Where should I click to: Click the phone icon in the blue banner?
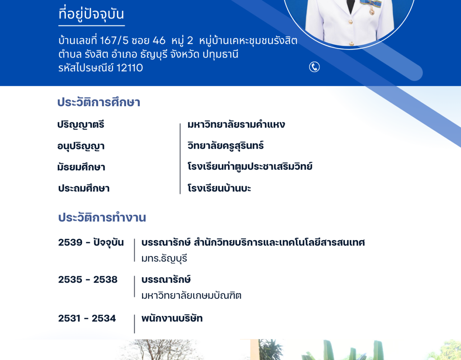(314, 67)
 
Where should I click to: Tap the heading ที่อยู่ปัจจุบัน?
(91, 14)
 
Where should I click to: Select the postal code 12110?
(130, 68)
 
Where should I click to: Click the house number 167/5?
(114, 40)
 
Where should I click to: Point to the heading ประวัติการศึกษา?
(99, 102)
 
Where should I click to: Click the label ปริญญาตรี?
(81, 125)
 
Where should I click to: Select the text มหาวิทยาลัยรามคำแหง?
(236, 124)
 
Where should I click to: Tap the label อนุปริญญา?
(81, 146)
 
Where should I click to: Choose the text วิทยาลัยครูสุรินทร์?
(225, 145)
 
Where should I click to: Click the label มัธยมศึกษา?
(81, 167)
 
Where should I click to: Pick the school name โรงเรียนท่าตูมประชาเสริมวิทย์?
(250, 166)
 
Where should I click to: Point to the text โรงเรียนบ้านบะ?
(219, 188)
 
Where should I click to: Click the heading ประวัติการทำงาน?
(102, 217)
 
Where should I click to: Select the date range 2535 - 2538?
(88, 280)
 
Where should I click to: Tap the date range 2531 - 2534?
(87, 318)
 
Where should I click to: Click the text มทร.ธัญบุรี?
(164, 258)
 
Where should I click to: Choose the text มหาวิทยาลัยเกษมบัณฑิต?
(191, 295)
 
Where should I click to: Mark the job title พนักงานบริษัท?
(172, 318)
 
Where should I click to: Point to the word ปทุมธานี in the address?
(220, 54)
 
